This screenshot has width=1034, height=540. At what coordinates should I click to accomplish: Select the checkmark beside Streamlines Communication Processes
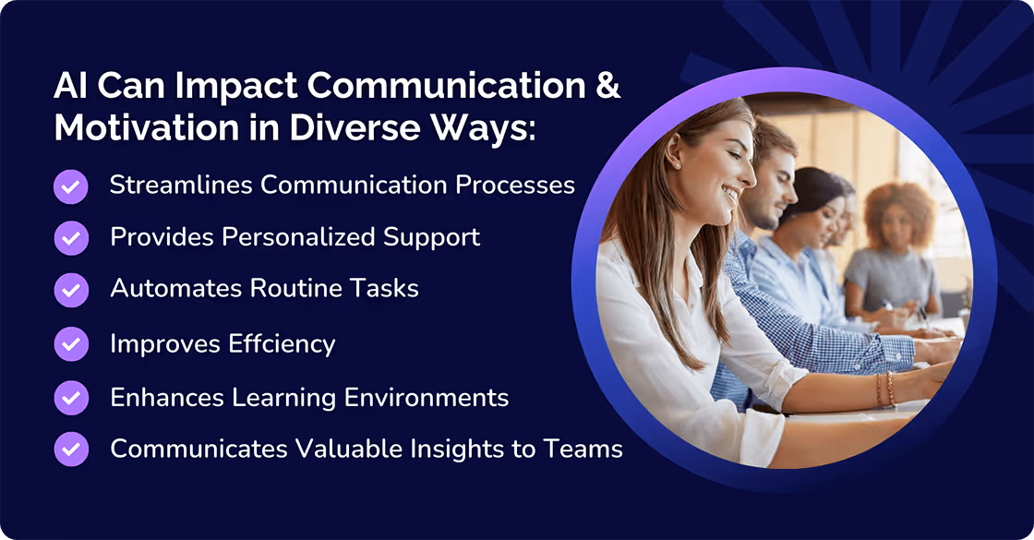click(x=71, y=186)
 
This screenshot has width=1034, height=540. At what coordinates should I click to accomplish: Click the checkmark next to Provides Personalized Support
click(x=71, y=238)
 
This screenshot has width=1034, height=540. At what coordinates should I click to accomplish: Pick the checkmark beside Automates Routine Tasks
click(x=71, y=290)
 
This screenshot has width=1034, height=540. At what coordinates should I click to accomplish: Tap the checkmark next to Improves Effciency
click(x=71, y=344)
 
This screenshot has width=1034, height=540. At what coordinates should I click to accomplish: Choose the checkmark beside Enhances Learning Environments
click(x=71, y=398)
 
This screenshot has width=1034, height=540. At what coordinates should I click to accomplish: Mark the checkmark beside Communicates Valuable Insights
click(x=71, y=450)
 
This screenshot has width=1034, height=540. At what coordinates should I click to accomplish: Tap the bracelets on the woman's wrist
click(x=884, y=390)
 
